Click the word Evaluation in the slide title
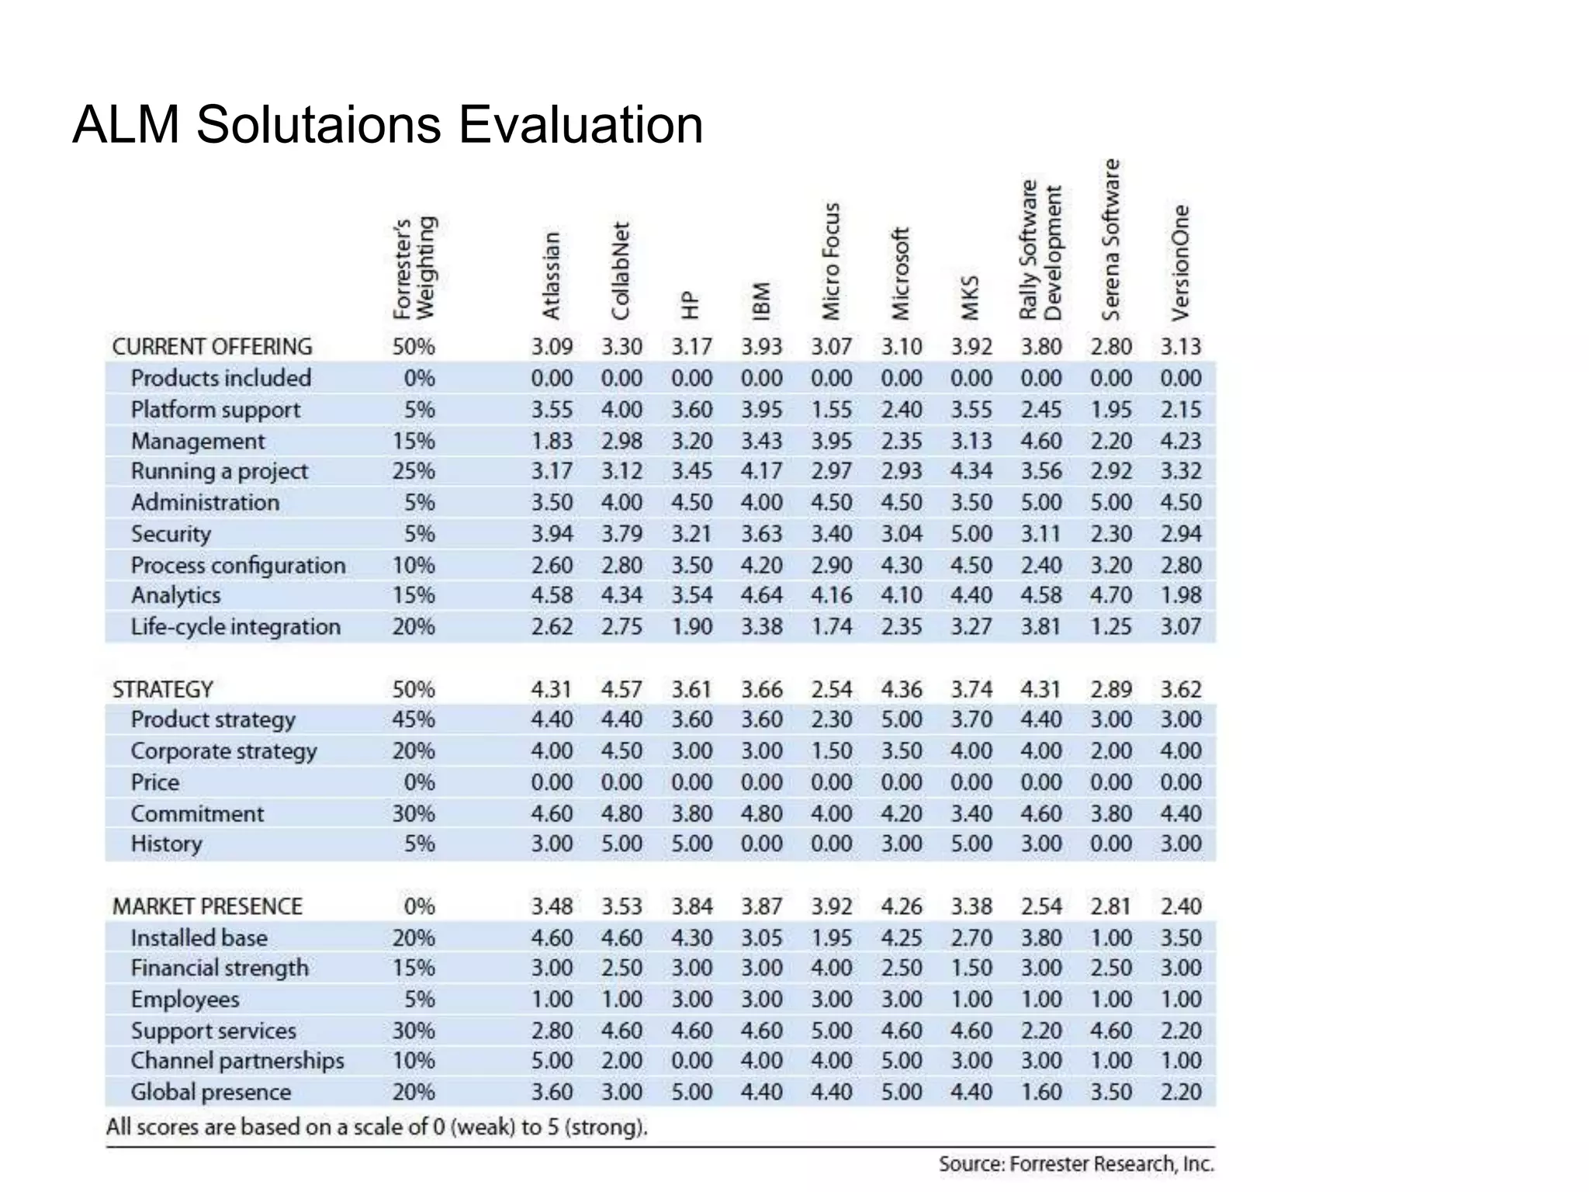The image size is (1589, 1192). [x=581, y=125]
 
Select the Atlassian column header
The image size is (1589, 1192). [x=551, y=275]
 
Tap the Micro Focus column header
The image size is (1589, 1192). [x=831, y=261]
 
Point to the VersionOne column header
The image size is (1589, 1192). [x=1180, y=262]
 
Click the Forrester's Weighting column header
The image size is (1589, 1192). [x=414, y=268]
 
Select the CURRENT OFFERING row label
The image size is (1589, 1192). [x=212, y=347]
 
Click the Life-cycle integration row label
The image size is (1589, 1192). [x=235, y=627]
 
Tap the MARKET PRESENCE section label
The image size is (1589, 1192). [x=207, y=906]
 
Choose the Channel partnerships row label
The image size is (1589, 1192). [x=237, y=1061]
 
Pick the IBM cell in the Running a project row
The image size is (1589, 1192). [x=761, y=471]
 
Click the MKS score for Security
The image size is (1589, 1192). [x=971, y=534]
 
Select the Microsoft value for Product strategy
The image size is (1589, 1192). [x=901, y=719]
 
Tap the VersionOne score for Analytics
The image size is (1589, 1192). [x=1180, y=595]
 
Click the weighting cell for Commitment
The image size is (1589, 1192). [x=414, y=813]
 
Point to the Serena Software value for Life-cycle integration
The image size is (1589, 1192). [x=1110, y=627]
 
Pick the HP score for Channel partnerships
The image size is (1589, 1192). [x=691, y=1061]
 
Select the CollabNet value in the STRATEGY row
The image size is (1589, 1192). [x=621, y=689]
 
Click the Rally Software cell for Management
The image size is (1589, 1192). [x=1040, y=441]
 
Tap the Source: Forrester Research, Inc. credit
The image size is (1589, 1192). [x=1075, y=1164]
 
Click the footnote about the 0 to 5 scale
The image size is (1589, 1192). [x=376, y=1127]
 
